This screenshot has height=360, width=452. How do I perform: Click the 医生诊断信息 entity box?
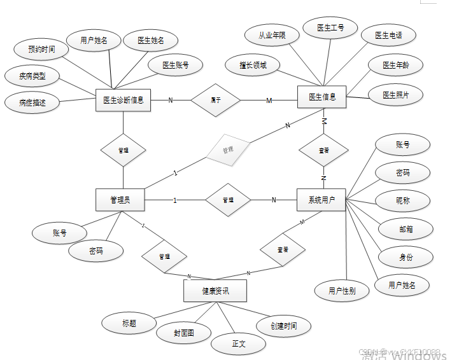[123, 100]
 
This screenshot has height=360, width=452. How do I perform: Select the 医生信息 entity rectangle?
[323, 97]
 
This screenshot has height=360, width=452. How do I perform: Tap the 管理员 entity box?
[120, 200]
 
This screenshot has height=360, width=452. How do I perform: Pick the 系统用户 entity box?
[321, 200]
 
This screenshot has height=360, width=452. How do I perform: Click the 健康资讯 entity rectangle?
[215, 291]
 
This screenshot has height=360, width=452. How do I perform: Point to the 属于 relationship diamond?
[216, 100]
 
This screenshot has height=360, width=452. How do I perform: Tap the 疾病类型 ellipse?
[32, 76]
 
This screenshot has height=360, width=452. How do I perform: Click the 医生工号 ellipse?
[331, 28]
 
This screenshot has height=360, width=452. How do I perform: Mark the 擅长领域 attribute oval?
[253, 64]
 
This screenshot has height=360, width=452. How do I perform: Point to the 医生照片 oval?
[395, 95]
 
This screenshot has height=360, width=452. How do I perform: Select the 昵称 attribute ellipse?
[402, 200]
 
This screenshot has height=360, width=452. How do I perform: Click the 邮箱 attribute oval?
[406, 229]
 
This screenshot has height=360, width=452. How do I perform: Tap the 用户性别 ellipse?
[342, 291]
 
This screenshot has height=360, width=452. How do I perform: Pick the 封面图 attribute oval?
[183, 332]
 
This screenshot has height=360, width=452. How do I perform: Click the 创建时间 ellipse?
[283, 326]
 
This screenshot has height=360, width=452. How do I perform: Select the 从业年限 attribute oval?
[272, 36]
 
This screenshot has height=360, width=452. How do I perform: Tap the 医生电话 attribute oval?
[388, 36]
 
